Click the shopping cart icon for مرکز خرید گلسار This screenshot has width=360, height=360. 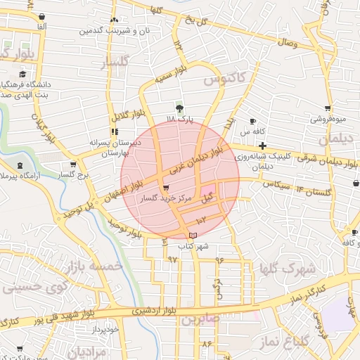point(165,188)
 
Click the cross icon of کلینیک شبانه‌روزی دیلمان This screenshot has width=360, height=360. point(262,146)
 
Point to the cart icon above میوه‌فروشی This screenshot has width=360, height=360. point(328,108)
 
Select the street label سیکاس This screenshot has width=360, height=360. point(276,184)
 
